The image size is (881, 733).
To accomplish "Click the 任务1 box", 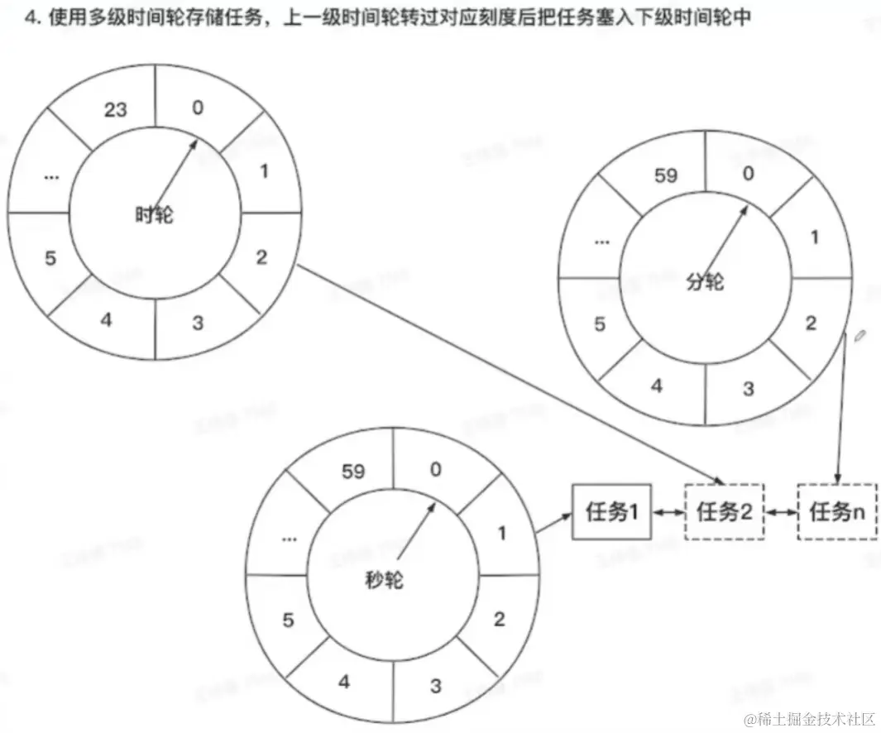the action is pos(611,513).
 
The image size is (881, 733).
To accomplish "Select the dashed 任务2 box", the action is pos(724,513).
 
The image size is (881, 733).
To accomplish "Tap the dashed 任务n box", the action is pos(837,513).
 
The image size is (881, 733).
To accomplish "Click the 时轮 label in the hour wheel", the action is pos(155,215).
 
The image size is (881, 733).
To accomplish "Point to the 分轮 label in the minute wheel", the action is pos(706,282).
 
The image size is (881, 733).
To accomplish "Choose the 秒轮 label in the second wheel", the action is pos(385,580).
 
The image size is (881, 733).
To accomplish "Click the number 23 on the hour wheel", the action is pos(117,108).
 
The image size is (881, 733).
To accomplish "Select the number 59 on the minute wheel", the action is pos(666,175).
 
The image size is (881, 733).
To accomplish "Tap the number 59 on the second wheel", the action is pos(353,472).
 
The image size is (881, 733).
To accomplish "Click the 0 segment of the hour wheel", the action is pos(196,108).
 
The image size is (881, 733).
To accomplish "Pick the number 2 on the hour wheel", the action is pos(261,257).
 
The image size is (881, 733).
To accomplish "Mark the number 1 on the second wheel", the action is pos(501,534).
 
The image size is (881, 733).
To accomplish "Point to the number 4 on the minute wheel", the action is pos(656,386).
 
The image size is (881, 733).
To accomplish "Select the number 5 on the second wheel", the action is pos(288,620).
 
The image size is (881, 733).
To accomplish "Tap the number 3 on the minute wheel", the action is pos(748,389).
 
